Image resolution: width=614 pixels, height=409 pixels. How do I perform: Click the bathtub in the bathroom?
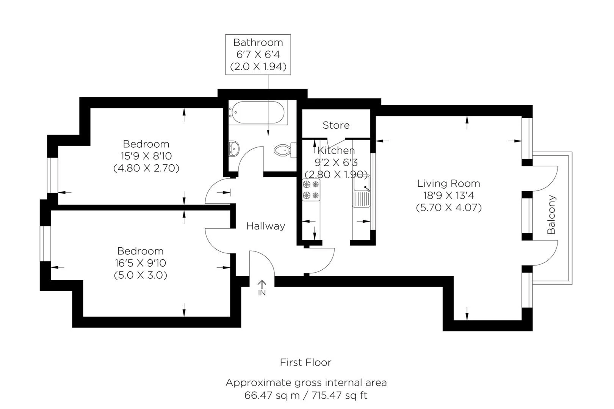click(x=258, y=112)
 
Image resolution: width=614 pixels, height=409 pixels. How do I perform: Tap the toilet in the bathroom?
click(x=285, y=150)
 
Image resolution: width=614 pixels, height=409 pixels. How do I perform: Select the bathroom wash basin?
click(x=234, y=149)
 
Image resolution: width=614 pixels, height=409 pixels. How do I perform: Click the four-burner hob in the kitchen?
click(x=311, y=190)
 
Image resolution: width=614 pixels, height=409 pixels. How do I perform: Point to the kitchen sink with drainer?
click(x=361, y=191)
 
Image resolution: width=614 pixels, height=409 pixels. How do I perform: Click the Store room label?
click(x=336, y=125)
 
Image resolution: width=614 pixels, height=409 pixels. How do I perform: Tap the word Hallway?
click(x=266, y=226)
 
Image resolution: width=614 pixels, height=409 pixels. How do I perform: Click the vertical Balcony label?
click(x=551, y=215)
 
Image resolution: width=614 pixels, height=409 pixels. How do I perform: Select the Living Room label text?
click(x=448, y=183)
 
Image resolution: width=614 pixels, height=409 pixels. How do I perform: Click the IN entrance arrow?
click(x=262, y=288)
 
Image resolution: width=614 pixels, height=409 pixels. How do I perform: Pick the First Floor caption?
click(x=305, y=362)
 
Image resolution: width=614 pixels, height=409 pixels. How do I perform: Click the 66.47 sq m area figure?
click(x=272, y=395)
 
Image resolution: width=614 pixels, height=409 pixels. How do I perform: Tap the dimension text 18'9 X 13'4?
click(x=449, y=195)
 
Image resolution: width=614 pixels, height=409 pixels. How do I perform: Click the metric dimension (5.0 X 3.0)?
click(x=140, y=275)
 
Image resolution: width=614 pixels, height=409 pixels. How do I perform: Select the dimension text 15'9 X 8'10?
click(x=146, y=156)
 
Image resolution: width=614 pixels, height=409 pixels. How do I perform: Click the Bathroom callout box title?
click(x=258, y=42)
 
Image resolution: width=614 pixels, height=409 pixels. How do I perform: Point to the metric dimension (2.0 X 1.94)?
click(x=258, y=67)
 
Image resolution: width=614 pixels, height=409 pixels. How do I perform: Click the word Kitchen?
click(x=336, y=150)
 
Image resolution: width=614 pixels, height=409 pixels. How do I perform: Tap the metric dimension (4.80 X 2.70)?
click(x=146, y=168)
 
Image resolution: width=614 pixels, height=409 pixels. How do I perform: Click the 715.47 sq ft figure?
click(x=339, y=395)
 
